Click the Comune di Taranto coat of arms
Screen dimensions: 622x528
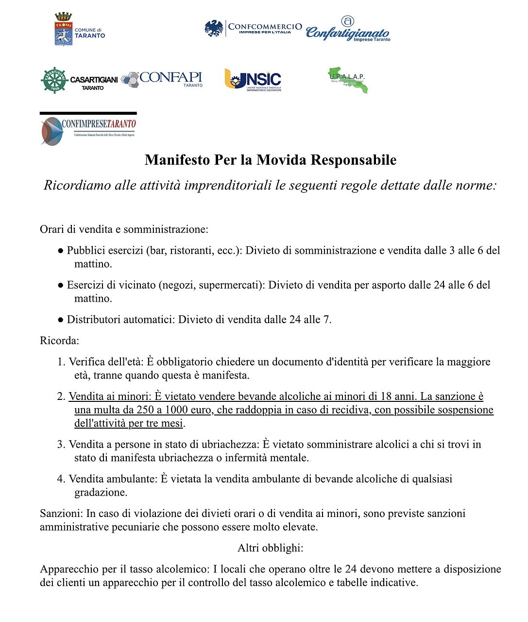pyautogui.click(x=63, y=30)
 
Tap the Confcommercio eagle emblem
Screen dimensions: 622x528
pyautogui.click(x=214, y=28)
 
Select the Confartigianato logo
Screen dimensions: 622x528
pyautogui.click(x=348, y=30)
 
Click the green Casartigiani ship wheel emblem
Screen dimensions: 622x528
pyautogui.click(x=54, y=80)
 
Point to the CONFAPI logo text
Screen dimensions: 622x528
pyautogui.click(x=170, y=78)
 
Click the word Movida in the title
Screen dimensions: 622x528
pyautogui.click(x=281, y=160)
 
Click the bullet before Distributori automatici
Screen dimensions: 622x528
pyautogui.click(x=61, y=320)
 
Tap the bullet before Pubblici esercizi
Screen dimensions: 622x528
pyautogui.click(x=61, y=251)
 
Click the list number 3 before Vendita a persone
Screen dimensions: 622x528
pyautogui.click(x=61, y=444)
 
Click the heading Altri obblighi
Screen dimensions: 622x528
pyautogui.click(x=270, y=548)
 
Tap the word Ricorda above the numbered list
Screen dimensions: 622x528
pyautogui.click(x=58, y=341)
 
